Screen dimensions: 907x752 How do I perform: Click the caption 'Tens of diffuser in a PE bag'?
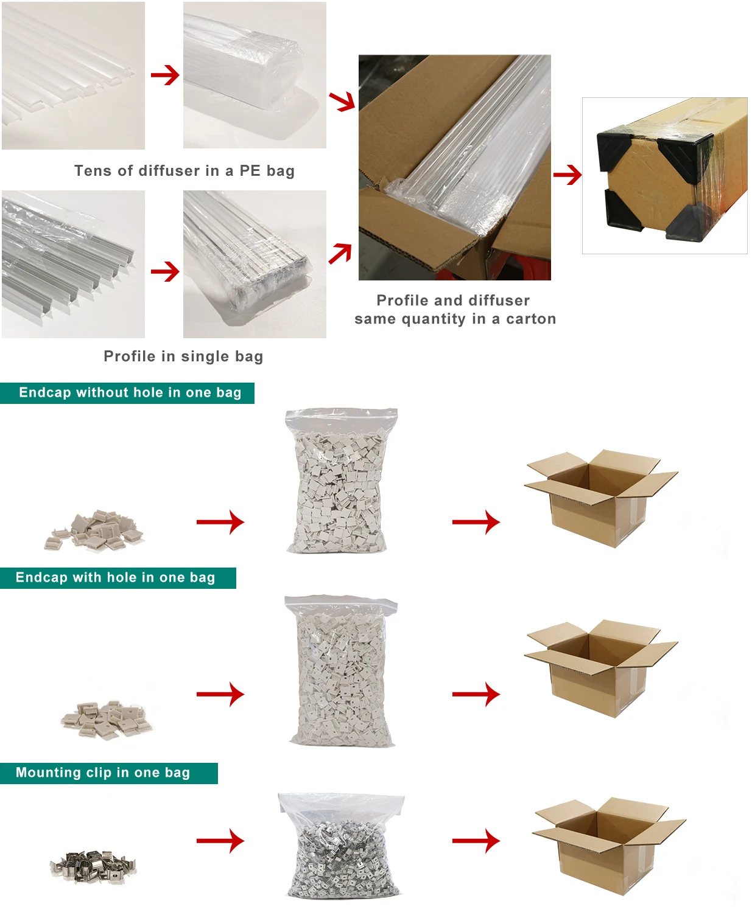tap(184, 171)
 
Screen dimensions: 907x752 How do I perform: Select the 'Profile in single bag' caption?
tap(183, 356)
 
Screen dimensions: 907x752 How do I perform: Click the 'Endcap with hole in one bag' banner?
tap(116, 578)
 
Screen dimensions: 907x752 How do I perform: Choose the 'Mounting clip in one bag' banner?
tap(104, 773)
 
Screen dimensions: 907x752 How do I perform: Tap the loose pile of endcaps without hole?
tap(95, 530)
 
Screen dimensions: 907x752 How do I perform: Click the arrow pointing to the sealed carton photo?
tap(567, 175)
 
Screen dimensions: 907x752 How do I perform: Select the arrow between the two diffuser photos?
tap(164, 75)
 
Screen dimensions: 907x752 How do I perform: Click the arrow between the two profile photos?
tap(164, 271)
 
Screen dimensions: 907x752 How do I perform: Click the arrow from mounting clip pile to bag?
tap(220, 841)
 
